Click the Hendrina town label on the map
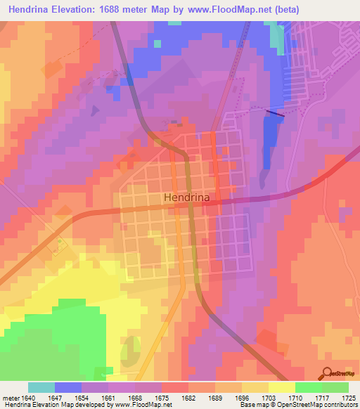186,198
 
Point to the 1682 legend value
188,398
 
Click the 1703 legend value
269,398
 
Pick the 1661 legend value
108,398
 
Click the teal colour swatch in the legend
41,387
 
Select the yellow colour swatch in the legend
282,387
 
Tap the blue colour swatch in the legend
68,387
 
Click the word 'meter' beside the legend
11,398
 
